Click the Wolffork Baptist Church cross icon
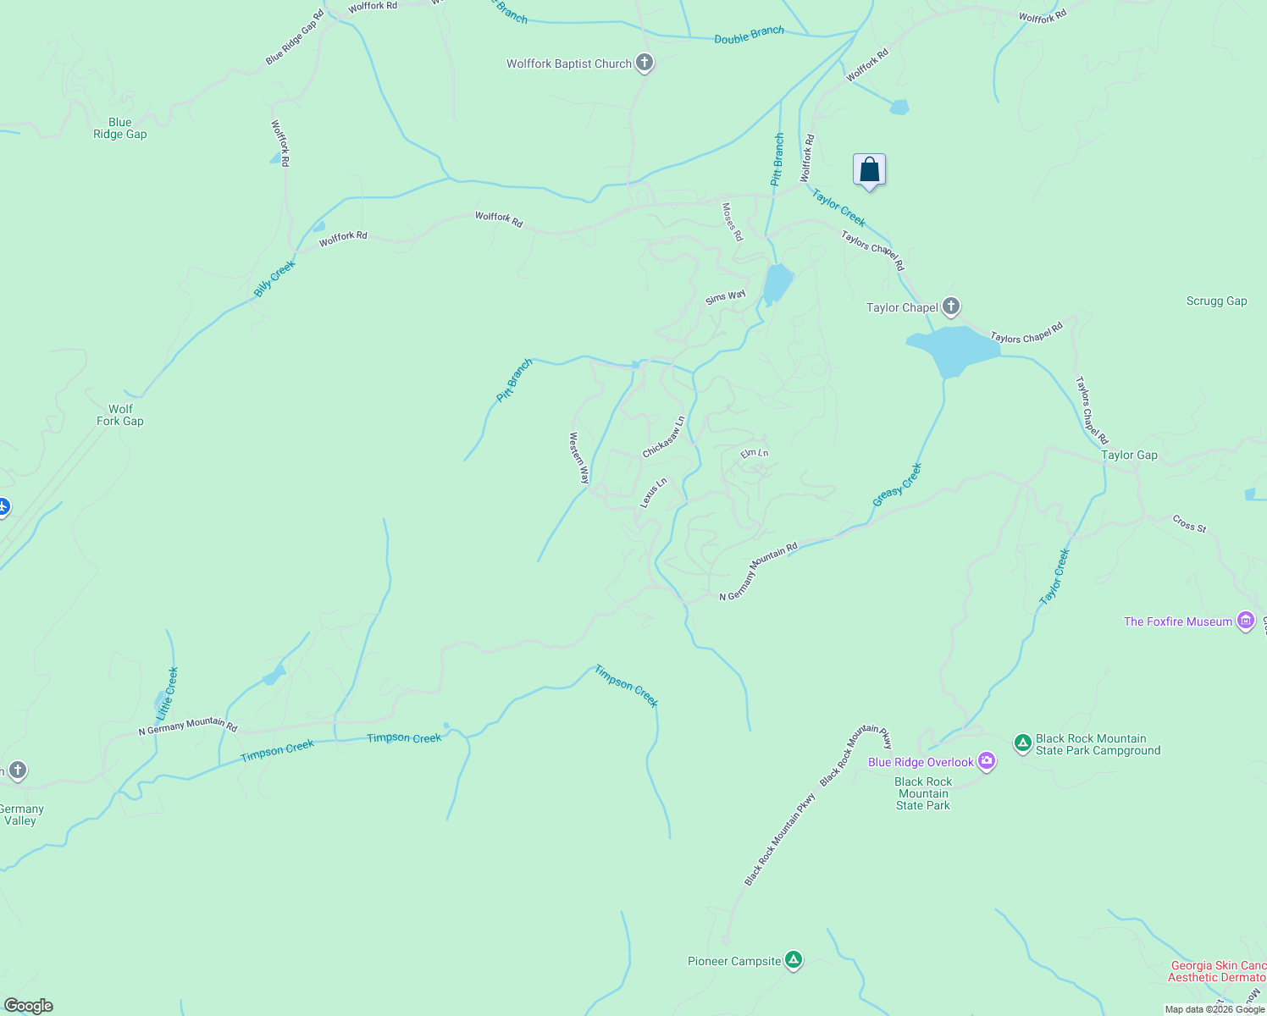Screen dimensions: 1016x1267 645,63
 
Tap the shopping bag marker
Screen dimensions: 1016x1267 869,170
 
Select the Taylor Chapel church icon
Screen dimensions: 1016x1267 951,306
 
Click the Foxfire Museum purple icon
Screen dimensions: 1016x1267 1246,621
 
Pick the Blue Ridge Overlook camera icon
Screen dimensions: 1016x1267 987,761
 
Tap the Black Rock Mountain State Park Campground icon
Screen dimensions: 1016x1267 1023,743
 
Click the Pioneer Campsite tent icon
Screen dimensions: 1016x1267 794,960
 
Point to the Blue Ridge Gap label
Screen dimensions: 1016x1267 120,128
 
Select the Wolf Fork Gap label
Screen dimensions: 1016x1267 120,415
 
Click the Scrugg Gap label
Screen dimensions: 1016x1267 1216,301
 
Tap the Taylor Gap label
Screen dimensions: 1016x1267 1129,455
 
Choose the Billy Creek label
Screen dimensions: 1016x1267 274,279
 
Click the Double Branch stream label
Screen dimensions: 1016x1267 749,35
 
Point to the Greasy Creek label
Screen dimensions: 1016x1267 897,485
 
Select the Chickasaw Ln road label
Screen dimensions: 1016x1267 663,437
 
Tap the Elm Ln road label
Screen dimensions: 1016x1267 754,453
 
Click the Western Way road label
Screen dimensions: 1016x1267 579,458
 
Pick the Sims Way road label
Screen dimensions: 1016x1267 726,297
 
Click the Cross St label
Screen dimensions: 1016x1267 1189,524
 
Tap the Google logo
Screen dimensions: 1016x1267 28,1005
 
